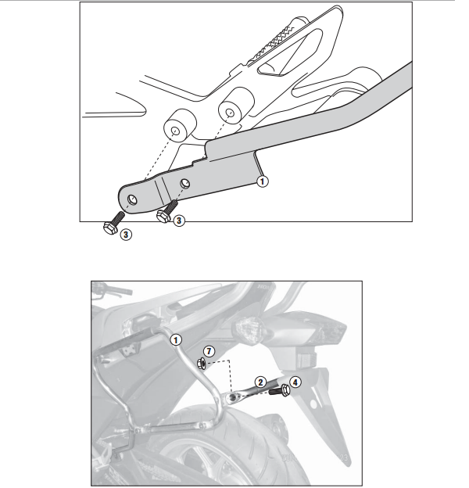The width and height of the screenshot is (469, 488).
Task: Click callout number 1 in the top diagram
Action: [x=262, y=181]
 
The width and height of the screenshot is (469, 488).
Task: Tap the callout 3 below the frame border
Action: [x=126, y=235]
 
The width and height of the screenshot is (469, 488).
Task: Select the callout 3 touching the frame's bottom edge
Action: [x=178, y=221]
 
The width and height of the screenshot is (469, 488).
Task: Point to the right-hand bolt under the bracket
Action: [x=166, y=210]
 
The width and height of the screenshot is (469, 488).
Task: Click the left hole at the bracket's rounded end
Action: [x=132, y=199]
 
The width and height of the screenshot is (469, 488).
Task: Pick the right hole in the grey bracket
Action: [x=185, y=183]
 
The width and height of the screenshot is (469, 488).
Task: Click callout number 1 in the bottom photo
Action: [x=176, y=339]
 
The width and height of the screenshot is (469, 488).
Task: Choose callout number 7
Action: [x=209, y=351]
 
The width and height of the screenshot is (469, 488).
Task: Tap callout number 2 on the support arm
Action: [x=260, y=382]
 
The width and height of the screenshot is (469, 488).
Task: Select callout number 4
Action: [x=295, y=382]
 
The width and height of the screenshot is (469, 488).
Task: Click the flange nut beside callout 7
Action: [x=201, y=363]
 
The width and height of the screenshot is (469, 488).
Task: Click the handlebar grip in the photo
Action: [x=119, y=291]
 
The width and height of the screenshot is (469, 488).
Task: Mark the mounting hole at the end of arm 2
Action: [x=233, y=396]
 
